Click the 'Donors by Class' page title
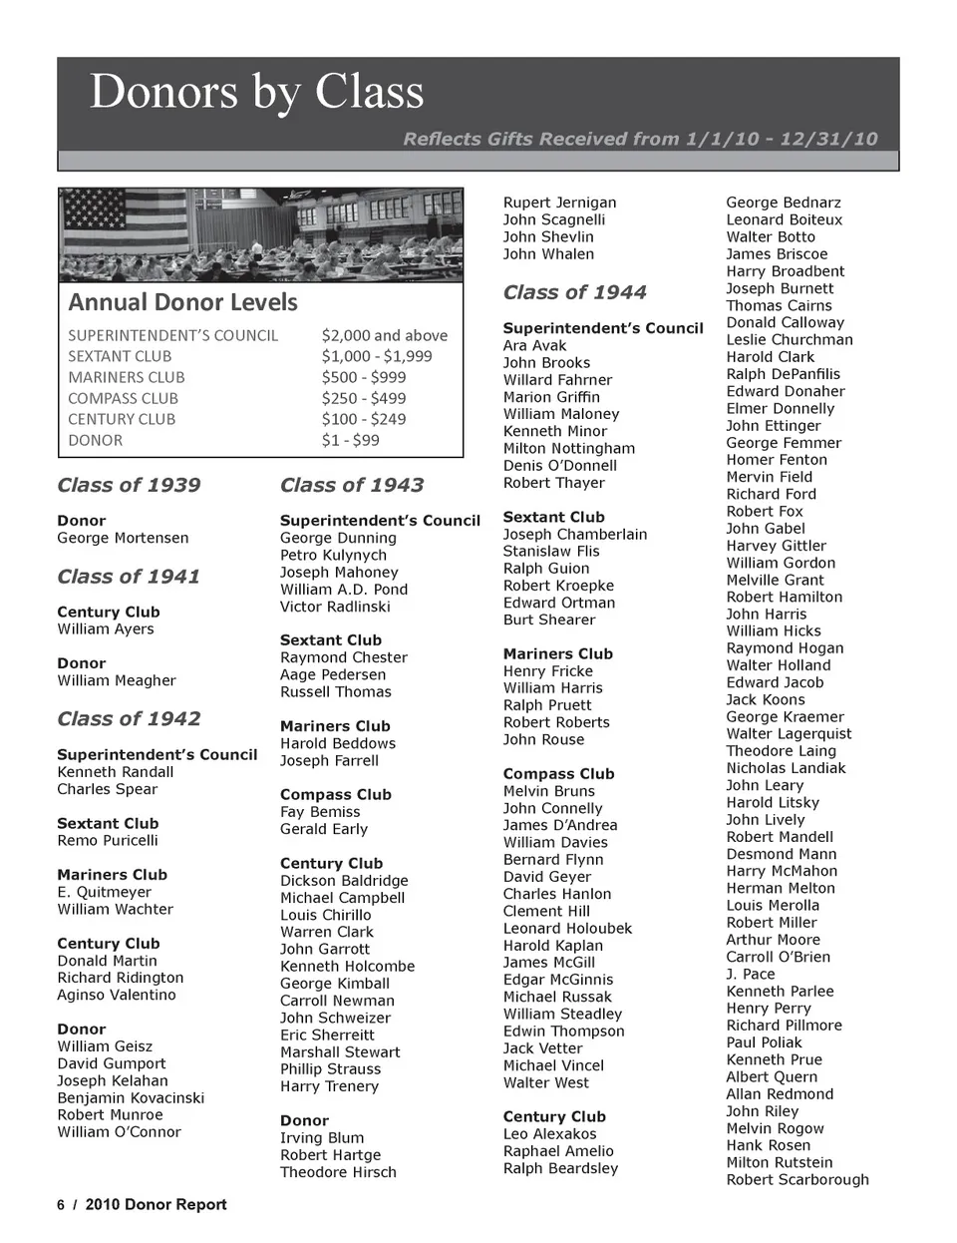click(256, 92)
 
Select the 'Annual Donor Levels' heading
click(182, 302)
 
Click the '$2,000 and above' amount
click(384, 335)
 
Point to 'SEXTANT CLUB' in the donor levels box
click(120, 356)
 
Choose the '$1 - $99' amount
click(350, 440)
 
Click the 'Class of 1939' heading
click(129, 486)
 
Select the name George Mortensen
click(123, 538)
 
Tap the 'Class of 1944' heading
click(574, 292)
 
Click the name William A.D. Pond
click(344, 590)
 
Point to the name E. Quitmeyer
click(105, 892)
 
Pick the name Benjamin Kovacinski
click(131, 1097)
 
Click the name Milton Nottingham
click(568, 449)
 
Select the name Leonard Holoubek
click(567, 928)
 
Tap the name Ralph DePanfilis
click(783, 374)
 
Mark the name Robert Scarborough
click(797, 1179)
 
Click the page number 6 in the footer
click(61, 1204)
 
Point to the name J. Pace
click(750, 974)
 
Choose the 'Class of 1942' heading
click(129, 719)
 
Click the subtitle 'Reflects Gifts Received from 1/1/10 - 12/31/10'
click(640, 139)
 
